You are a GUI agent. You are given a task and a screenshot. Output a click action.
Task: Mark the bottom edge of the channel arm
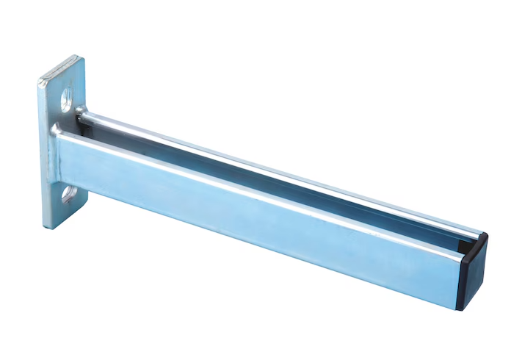click(x=272, y=259)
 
